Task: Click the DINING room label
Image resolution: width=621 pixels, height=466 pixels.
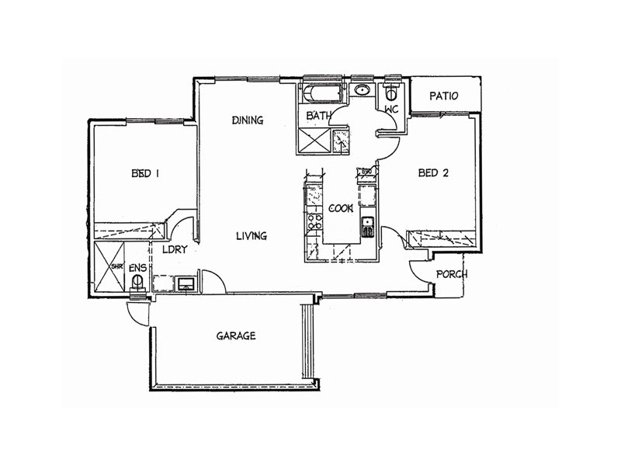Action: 248,120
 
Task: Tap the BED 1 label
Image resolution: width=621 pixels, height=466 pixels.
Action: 145,174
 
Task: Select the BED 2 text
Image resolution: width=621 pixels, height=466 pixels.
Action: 433,174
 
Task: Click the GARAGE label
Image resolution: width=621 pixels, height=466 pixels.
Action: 236,336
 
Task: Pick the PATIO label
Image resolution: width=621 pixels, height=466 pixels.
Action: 444,96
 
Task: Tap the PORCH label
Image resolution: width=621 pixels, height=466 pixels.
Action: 451,274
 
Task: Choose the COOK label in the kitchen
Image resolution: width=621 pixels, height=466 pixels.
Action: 341,208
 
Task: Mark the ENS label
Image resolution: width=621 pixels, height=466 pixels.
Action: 137,269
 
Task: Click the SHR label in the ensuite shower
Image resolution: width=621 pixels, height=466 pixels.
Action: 117,266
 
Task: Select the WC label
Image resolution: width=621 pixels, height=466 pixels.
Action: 391,110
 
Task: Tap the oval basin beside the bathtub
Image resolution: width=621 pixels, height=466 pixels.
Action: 362,91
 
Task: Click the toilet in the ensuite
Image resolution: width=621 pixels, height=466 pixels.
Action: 138,284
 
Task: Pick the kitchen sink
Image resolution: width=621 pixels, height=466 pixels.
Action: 367,226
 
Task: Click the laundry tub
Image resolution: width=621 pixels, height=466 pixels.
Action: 186,283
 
